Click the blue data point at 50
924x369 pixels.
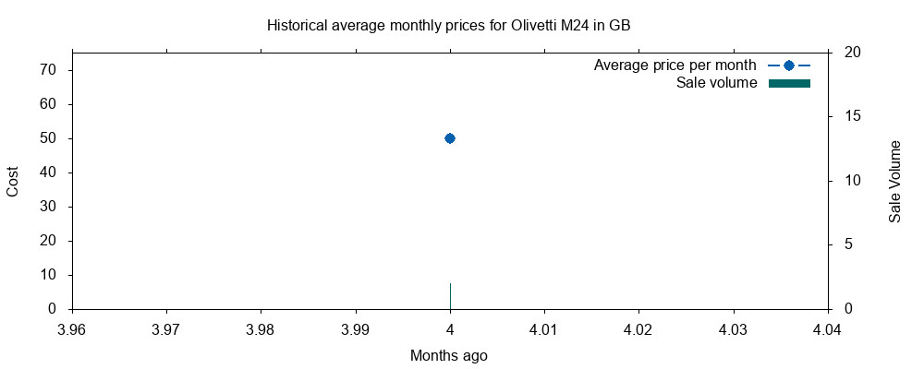pyautogui.click(x=450, y=138)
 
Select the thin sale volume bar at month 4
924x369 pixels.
pyautogui.click(x=450, y=296)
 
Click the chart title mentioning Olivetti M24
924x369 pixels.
pyautogui.click(x=448, y=26)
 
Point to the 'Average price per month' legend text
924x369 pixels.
pyautogui.click(x=675, y=65)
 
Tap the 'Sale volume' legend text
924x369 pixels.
pyautogui.click(x=717, y=83)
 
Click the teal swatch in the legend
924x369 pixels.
pyautogui.click(x=789, y=84)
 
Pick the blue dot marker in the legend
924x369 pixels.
pyautogui.click(x=789, y=65)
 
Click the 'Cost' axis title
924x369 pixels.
pyautogui.click(x=13, y=181)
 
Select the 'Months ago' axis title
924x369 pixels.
pyautogui.click(x=448, y=355)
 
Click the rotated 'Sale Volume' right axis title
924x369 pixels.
pyautogui.click(x=894, y=181)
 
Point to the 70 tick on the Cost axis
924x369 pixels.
pyautogui.click(x=49, y=70)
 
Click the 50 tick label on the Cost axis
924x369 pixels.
pyautogui.click(x=49, y=138)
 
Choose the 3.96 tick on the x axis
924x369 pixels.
pyautogui.click(x=72, y=328)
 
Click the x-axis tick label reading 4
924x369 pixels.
pyautogui.click(x=450, y=328)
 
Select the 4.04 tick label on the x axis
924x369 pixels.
pyautogui.click(x=827, y=328)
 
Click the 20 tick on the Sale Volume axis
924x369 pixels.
pyautogui.click(x=853, y=53)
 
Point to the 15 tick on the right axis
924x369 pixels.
pyautogui.click(x=853, y=116)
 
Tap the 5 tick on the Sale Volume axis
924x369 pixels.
pyautogui.click(x=849, y=244)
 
